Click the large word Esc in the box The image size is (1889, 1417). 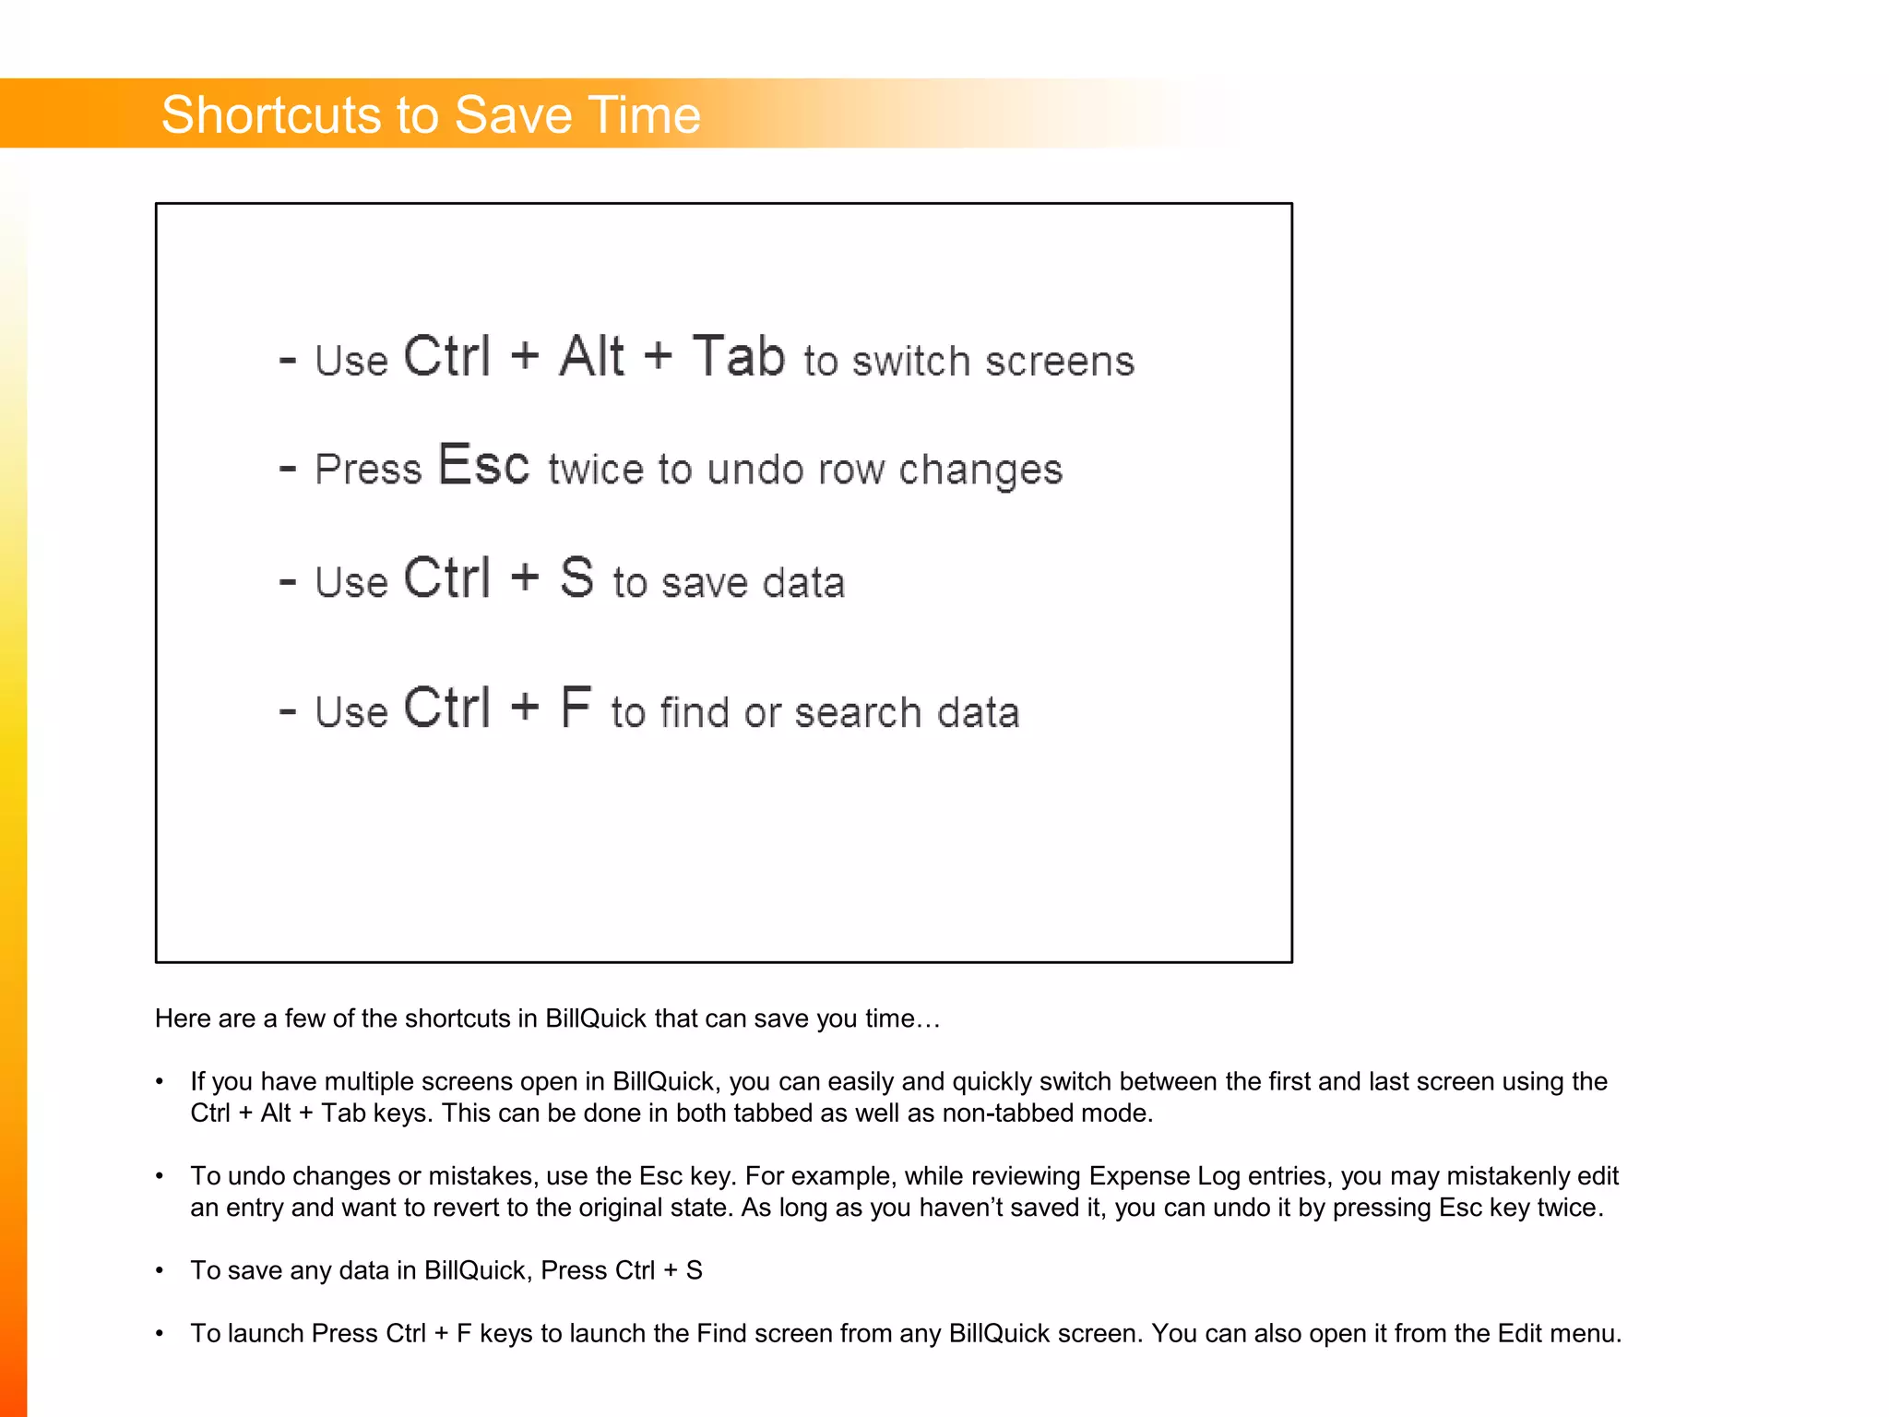[x=483, y=465]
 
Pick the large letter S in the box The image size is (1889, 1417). [x=576, y=578]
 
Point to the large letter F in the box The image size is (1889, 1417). [x=576, y=708]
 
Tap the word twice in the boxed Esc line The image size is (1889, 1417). [x=595, y=469]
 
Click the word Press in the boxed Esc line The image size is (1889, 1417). [x=368, y=469]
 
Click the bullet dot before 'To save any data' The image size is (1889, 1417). [x=160, y=1271]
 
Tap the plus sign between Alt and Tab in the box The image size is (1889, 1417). [x=658, y=356]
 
